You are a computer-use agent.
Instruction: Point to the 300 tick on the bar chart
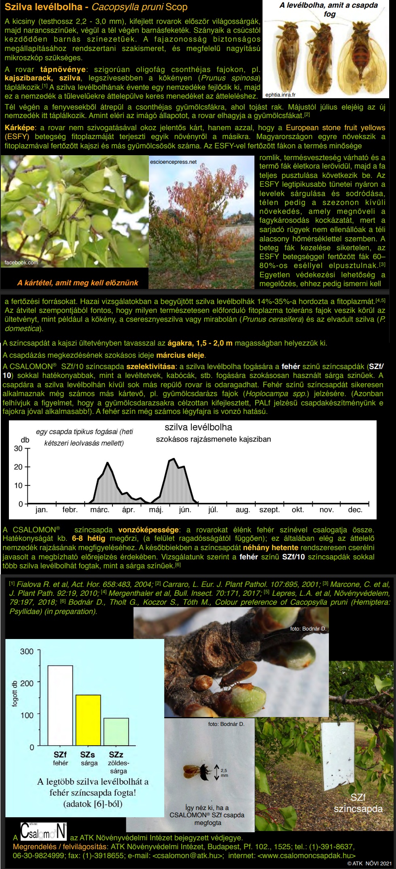27,651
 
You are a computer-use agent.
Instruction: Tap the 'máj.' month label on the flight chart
156,510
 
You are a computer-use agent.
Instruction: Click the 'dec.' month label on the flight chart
355,510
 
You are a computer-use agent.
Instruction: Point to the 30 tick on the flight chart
18,448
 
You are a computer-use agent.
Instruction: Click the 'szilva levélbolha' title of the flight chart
198,427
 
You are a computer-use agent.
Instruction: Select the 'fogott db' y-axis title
15,694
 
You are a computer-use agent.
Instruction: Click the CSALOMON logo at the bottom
44,831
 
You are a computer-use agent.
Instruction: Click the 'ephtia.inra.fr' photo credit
281,95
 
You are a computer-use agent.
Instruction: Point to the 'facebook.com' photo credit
21,263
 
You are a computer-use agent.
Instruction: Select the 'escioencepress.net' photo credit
173,162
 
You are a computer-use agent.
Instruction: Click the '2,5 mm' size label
224,773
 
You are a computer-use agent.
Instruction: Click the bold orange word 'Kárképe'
19,128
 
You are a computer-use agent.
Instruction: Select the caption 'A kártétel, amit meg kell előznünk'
78,283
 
